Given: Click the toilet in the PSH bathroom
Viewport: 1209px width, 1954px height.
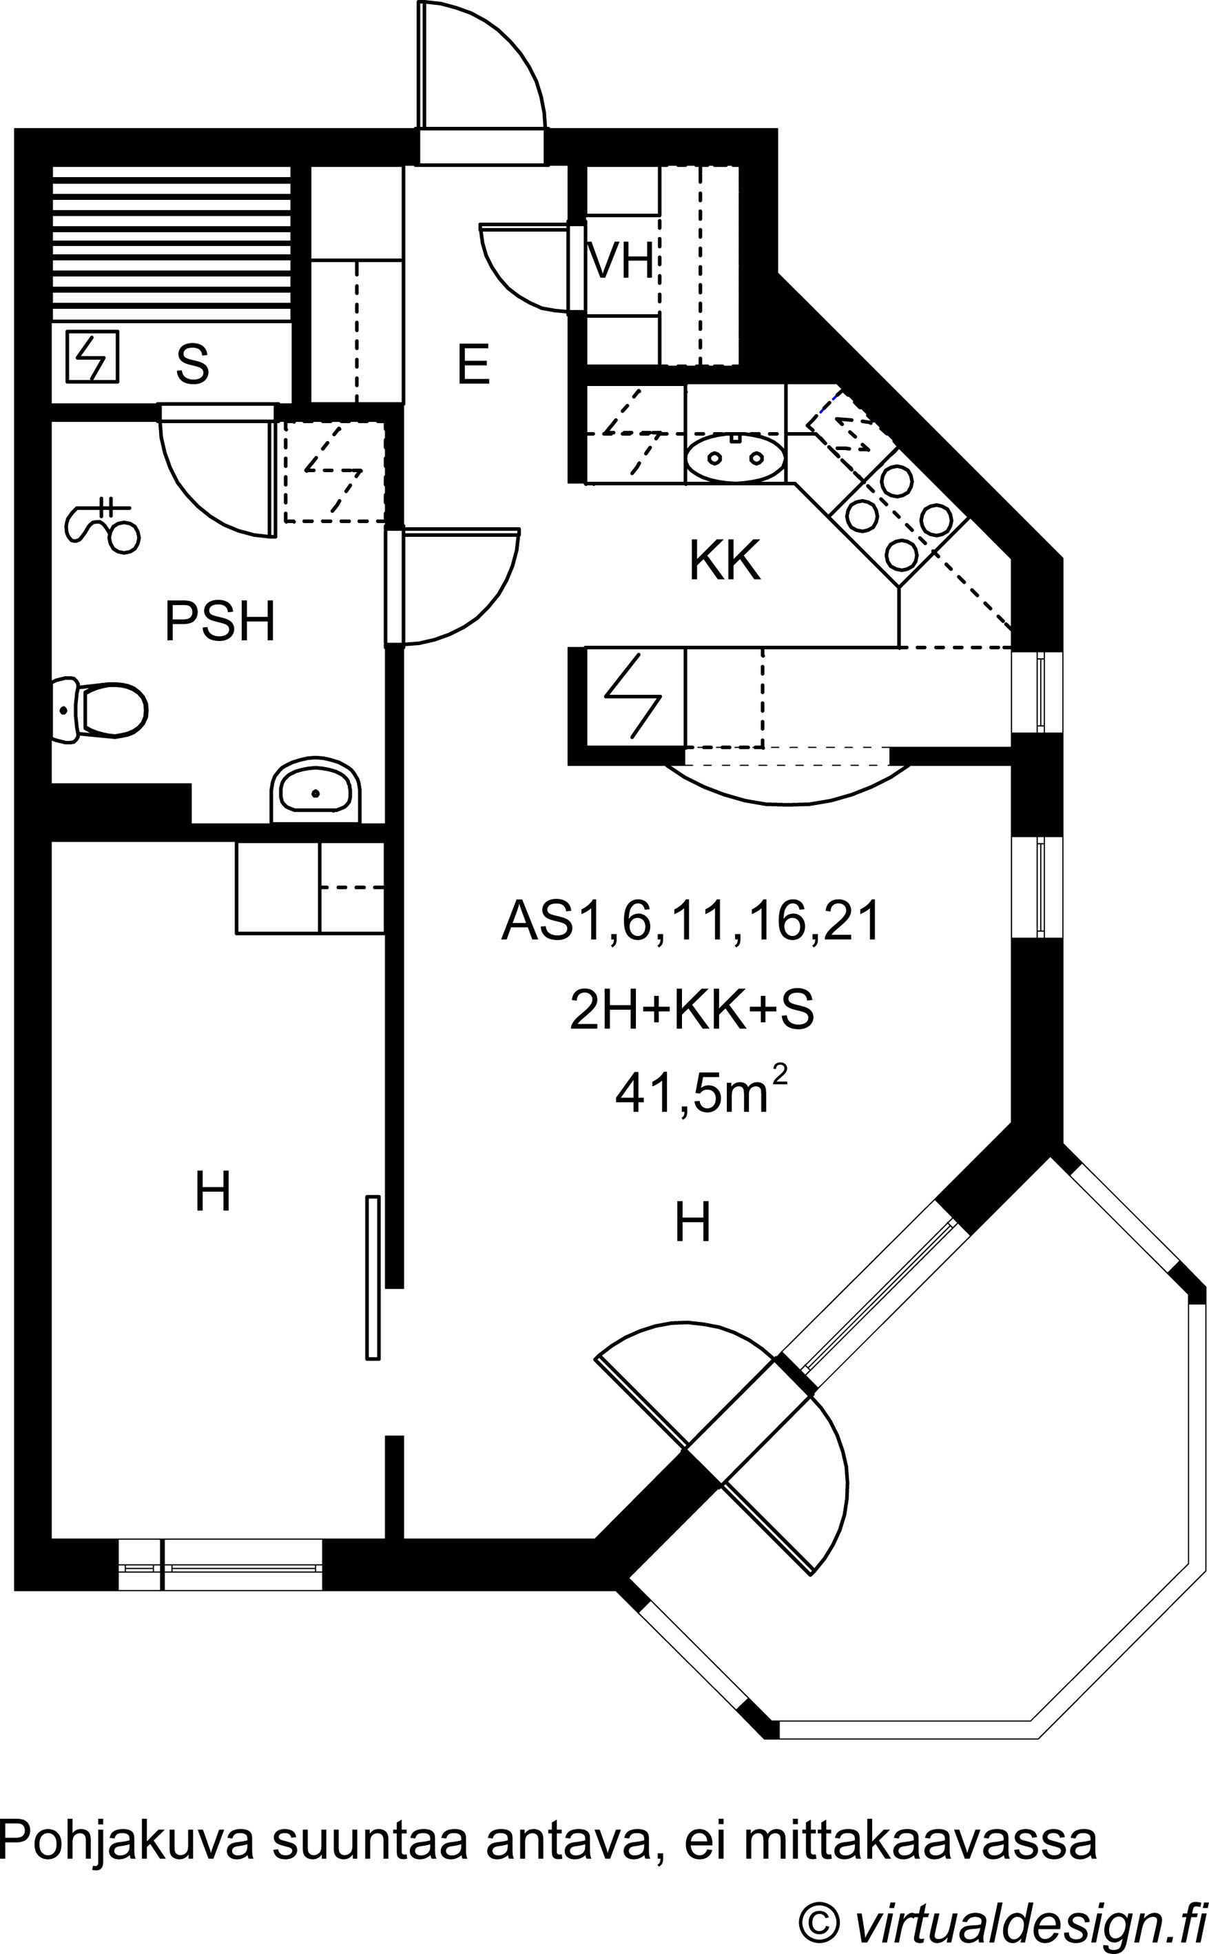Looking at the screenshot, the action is [99, 709].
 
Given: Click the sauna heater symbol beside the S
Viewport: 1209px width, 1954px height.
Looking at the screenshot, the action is [92, 356].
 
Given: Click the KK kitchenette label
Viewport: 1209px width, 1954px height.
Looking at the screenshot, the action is [725, 562].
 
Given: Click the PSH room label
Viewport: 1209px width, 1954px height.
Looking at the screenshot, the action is [220, 622].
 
